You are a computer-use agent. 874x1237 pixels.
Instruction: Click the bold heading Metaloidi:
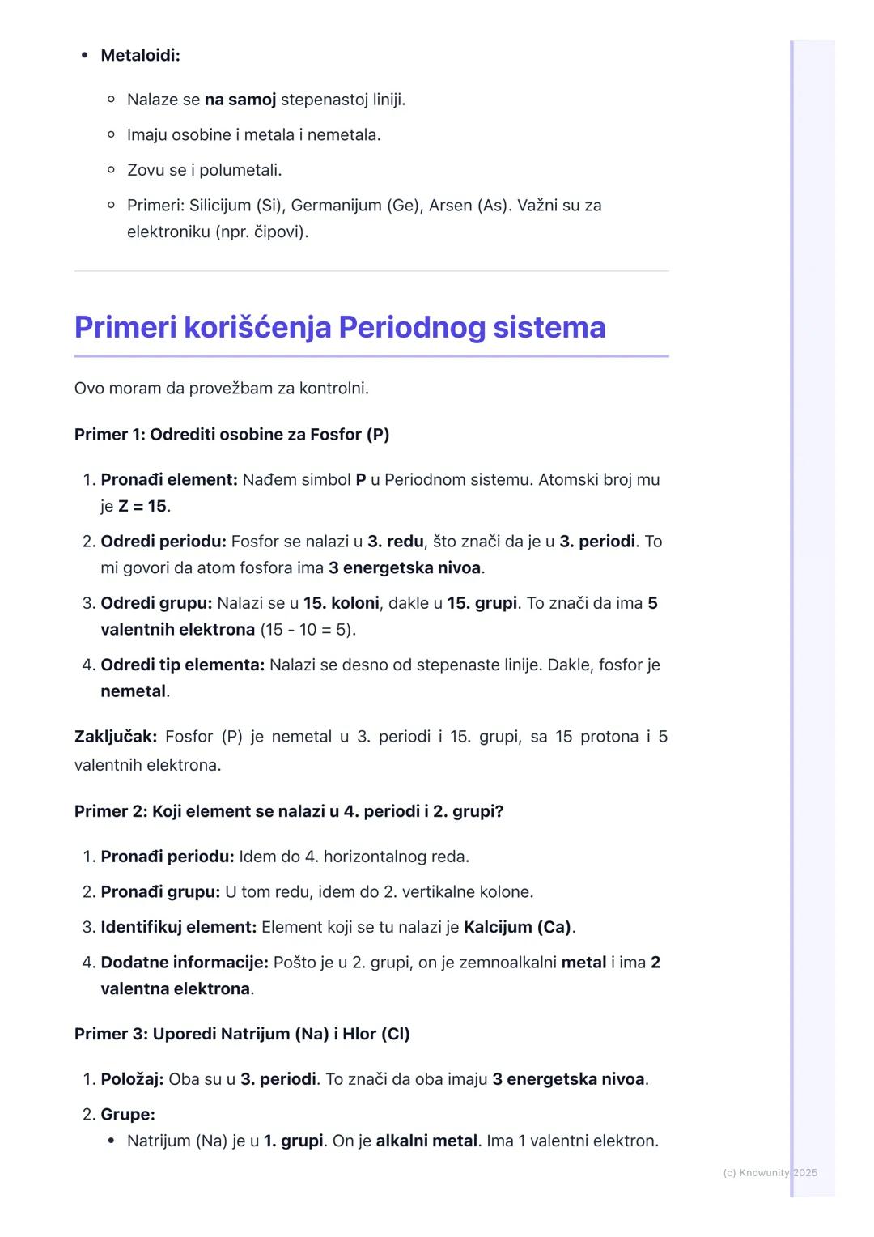[140, 56]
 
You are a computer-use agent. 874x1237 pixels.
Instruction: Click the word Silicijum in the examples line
[220, 206]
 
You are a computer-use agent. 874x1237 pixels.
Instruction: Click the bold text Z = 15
[142, 507]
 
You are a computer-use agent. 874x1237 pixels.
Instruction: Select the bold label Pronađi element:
[169, 480]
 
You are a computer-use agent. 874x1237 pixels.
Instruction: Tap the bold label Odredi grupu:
[156, 604]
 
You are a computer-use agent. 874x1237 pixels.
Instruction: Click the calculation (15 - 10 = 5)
[308, 630]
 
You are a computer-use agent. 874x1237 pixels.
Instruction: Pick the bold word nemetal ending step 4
[133, 692]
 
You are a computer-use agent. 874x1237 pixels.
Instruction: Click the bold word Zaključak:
[115, 737]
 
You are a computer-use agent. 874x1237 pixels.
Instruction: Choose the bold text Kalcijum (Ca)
[517, 928]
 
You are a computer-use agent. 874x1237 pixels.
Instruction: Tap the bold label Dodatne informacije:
[185, 963]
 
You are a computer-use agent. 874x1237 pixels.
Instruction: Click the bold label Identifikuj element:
[179, 928]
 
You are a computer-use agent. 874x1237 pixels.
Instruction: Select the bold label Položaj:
[132, 1080]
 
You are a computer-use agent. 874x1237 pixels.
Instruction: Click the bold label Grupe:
[128, 1115]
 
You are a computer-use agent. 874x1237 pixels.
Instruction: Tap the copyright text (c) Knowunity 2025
[770, 1173]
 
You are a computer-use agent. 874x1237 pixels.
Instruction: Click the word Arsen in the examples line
[450, 206]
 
